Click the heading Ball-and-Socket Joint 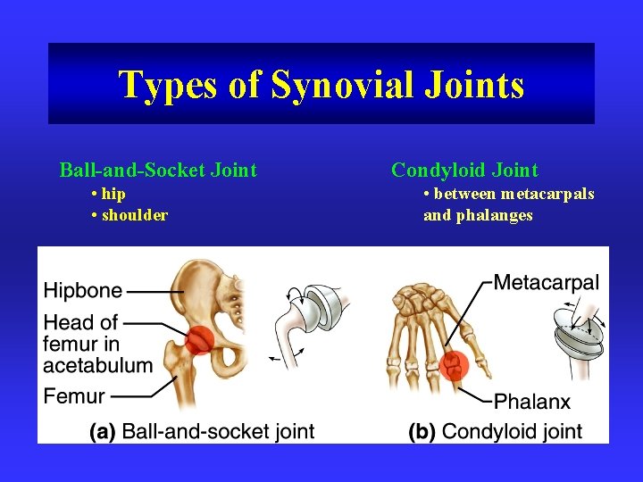coord(158,170)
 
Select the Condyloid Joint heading coord(464,170)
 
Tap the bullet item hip coord(113,194)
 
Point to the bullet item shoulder coord(135,215)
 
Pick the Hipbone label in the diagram coord(83,290)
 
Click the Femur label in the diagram coord(74,396)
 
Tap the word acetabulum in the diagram coord(98,364)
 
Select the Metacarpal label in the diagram coord(546,283)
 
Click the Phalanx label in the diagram coord(532,401)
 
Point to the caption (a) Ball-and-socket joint coord(202,432)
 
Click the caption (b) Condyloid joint coord(495,432)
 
